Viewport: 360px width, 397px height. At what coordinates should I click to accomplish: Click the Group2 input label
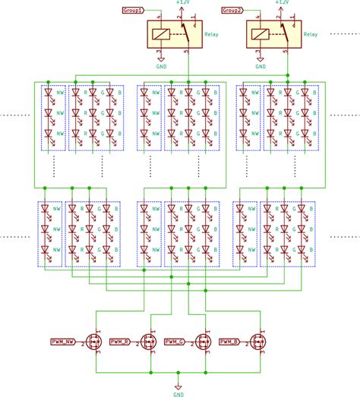coord(232,11)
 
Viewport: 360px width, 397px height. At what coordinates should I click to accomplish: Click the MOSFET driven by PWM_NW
coord(95,343)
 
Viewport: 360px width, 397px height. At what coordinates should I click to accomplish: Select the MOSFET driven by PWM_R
coord(149,343)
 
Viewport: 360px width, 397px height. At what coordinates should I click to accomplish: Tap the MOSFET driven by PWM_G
coord(203,343)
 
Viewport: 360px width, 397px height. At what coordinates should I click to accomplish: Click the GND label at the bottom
coord(177,394)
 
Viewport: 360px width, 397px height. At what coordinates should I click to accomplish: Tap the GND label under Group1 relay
coord(160,66)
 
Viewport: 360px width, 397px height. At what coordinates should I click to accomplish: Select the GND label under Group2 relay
coord(261,66)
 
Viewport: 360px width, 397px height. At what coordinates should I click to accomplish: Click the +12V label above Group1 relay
coord(182,3)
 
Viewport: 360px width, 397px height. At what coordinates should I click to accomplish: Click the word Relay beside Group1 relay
coord(212,34)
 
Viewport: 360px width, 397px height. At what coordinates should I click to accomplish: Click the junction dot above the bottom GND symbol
coord(177,373)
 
